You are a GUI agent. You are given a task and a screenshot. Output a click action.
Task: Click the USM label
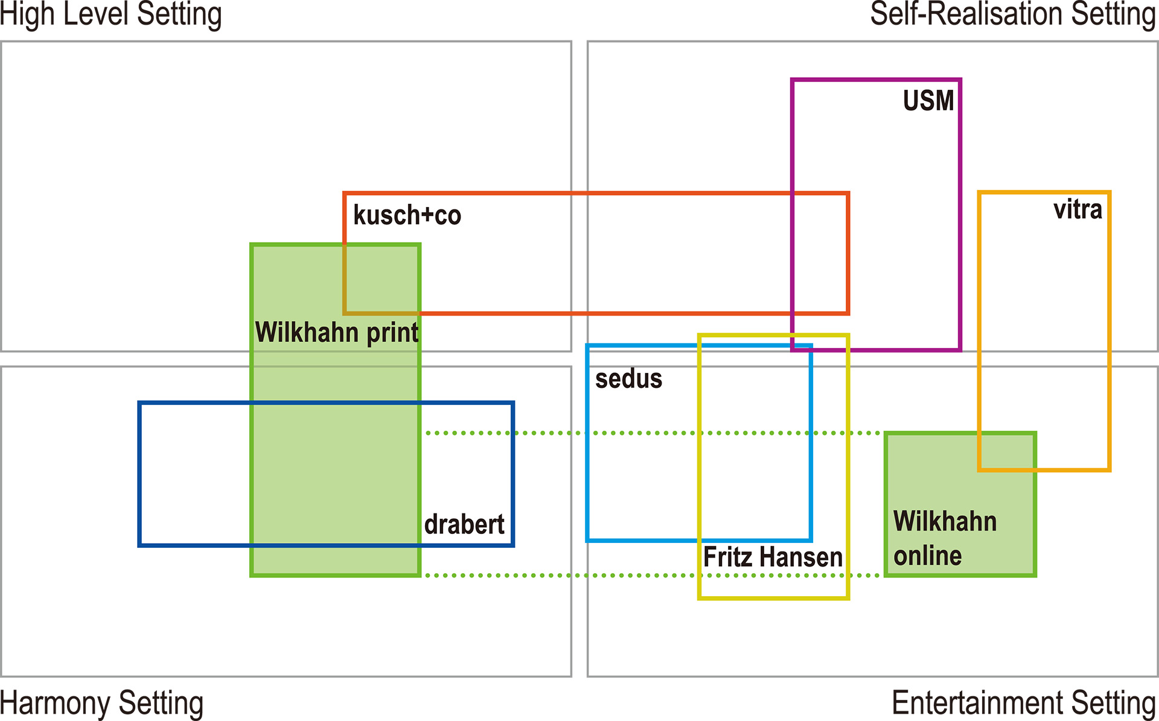pyautogui.click(x=928, y=101)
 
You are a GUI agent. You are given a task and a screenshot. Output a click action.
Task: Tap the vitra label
pyautogui.click(x=1078, y=210)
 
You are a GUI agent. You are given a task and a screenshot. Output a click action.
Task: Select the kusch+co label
pyautogui.click(x=407, y=215)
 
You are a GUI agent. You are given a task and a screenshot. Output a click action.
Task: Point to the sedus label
pyautogui.click(x=628, y=379)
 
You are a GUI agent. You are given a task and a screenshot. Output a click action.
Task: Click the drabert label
pyautogui.click(x=464, y=524)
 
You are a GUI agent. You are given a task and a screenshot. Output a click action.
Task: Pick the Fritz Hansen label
pyautogui.click(x=773, y=557)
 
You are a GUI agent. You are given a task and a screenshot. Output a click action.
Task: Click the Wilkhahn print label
pyautogui.click(x=336, y=332)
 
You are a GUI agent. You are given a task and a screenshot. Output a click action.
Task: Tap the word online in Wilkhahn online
pyautogui.click(x=927, y=556)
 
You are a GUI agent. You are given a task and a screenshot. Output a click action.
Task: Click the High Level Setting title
pyautogui.click(x=111, y=14)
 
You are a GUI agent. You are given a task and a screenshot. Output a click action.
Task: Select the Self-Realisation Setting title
pyautogui.click(x=1012, y=14)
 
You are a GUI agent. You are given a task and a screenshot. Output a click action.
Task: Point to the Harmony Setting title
pyautogui.click(x=102, y=704)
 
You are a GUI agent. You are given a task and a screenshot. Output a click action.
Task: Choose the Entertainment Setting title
pyautogui.click(x=1023, y=704)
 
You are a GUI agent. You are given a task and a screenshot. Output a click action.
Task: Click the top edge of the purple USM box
pyautogui.click(x=875, y=80)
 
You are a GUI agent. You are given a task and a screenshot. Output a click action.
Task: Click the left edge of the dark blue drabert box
pyautogui.click(x=139, y=474)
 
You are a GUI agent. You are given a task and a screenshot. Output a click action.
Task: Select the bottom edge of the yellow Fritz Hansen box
pyautogui.click(x=773, y=598)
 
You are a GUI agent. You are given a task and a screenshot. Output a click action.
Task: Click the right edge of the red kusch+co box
pyautogui.click(x=848, y=253)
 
